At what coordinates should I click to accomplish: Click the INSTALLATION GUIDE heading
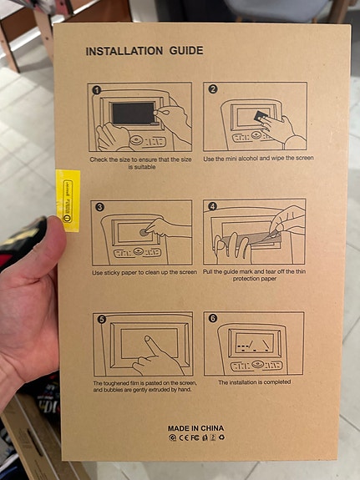[144, 52]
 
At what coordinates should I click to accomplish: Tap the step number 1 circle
[97, 89]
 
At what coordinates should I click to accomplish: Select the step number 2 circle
[212, 89]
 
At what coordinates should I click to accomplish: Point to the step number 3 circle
[99, 206]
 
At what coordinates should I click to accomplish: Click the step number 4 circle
[212, 206]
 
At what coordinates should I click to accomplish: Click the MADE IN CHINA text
[195, 427]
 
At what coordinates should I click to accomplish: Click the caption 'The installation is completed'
[254, 382]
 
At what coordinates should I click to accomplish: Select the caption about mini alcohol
[258, 158]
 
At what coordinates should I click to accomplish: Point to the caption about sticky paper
[145, 273]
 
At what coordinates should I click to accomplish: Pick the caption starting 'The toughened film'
[144, 386]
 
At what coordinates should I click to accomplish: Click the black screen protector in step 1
[132, 112]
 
